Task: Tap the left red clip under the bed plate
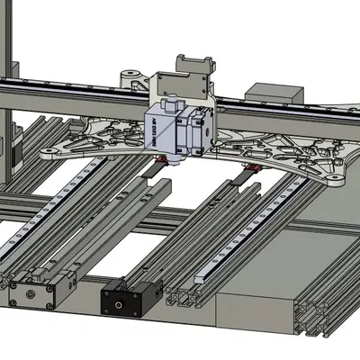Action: (x=162, y=161)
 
